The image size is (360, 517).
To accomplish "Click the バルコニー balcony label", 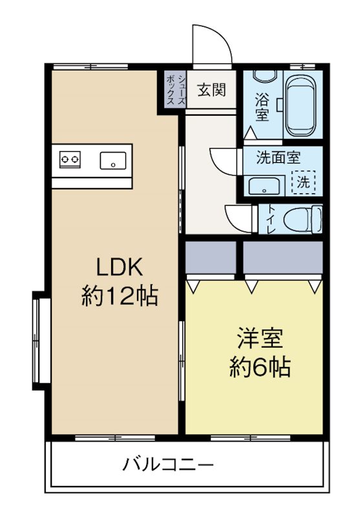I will pyautogui.click(x=167, y=463).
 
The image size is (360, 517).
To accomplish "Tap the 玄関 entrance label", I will pyautogui.click(x=211, y=90).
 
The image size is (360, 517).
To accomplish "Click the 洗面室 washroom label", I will pyautogui.click(x=278, y=157).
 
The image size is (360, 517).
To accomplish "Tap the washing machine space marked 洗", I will pyautogui.click(x=303, y=182).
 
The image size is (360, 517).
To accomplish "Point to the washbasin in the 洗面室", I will pyautogui.click(x=265, y=187).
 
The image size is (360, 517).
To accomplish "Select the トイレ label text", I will pyautogui.click(x=270, y=220).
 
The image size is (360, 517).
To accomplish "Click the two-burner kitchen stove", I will pyautogui.click(x=69, y=158).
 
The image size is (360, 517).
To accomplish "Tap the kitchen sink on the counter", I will pyautogui.click(x=114, y=158).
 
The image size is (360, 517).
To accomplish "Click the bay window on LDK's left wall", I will pyautogui.click(x=40, y=339).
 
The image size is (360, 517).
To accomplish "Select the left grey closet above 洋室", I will pyautogui.click(x=211, y=258).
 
